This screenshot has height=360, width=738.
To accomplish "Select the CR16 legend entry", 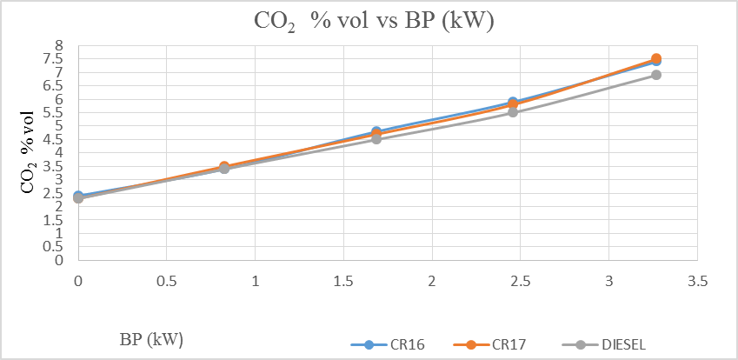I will click(x=388, y=343).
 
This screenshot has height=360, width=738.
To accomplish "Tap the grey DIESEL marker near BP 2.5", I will click(x=513, y=112).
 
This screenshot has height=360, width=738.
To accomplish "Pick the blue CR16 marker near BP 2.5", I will click(x=513, y=102).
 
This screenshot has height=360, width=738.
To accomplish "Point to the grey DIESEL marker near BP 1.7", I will click(x=376, y=139).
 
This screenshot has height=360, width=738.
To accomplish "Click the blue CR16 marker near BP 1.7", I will click(x=376, y=131).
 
